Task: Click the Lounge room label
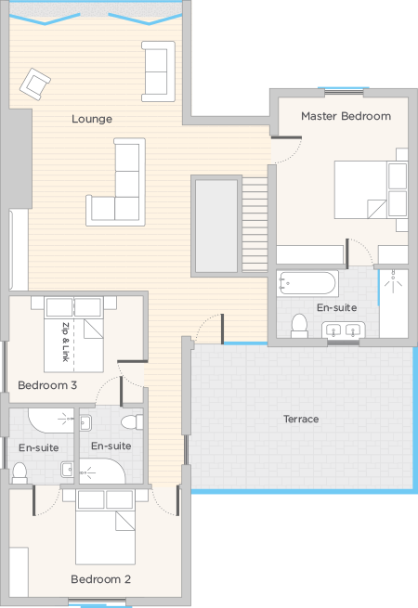tap(92, 119)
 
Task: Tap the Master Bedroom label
tap(346, 116)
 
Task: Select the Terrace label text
tap(301, 419)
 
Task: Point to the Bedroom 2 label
tap(100, 579)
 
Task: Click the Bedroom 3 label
tap(47, 385)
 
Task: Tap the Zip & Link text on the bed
tap(66, 342)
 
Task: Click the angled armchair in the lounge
tap(35, 84)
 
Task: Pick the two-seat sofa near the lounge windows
tap(158, 71)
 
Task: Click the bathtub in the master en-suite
tap(307, 283)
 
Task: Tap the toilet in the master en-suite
tap(299, 326)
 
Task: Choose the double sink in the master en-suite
tap(344, 330)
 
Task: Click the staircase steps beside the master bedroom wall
tap(255, 224)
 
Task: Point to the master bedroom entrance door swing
tap(286, 149)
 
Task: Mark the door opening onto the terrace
tap(210, 329)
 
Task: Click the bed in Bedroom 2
tap(105, 526)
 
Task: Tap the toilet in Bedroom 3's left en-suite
tap(20, 472)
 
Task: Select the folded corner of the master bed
tap(376, 209)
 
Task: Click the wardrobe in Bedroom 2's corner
tap(19, 572)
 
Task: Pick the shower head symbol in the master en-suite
tap(393, 278)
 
